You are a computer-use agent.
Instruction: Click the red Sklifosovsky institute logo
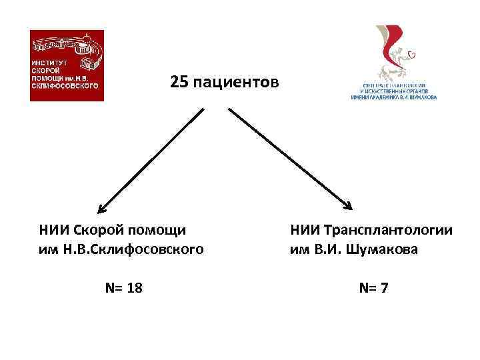tap(67, 65)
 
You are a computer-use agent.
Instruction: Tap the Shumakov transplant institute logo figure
tap(394, 53)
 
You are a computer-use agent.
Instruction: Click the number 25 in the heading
tap(179, 82)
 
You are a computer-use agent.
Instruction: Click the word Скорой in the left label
tap(98, 231)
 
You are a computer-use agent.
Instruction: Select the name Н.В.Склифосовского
tap(133, 250)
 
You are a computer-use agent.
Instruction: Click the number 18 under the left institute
tap(133, 288)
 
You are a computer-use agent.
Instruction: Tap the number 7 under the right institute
tap(386, 288)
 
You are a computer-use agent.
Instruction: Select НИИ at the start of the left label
tap(51, 231)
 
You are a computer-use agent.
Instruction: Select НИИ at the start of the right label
tap(303, 231)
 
